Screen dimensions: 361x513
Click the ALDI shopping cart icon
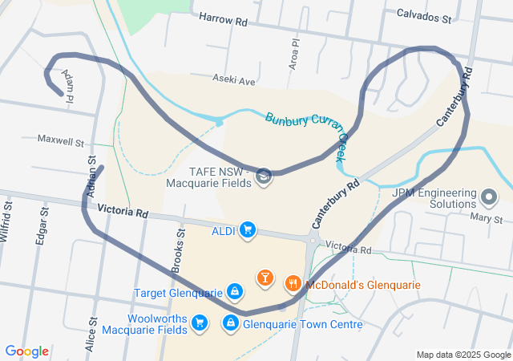pyautogui.click(x=248, y=231)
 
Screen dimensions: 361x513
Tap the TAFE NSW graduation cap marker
pyautogui.click(x=264, y=176)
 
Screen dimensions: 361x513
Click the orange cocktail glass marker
pyautogui.click(x=264, y=278)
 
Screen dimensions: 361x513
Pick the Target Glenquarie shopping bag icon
pyautogui.click(x=235, y=291)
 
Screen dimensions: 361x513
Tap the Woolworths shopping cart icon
pyautogui.click(x=200, y=323)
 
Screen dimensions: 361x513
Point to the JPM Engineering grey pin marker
pyautogui.click(x=491, y=195)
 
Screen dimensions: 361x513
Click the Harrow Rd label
pyautogui.click(x=223, y=18)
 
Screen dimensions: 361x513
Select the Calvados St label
pyautogui.click(x=424, y=14)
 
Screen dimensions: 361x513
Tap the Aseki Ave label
pyautogui.click(x=234, y=80)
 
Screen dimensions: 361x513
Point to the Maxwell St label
pyautogui.click(x=61, y=140)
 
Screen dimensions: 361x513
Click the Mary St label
pyautogui.click(x=487, y=219)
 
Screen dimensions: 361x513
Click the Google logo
pyautogui.click(x=27, y=351)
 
